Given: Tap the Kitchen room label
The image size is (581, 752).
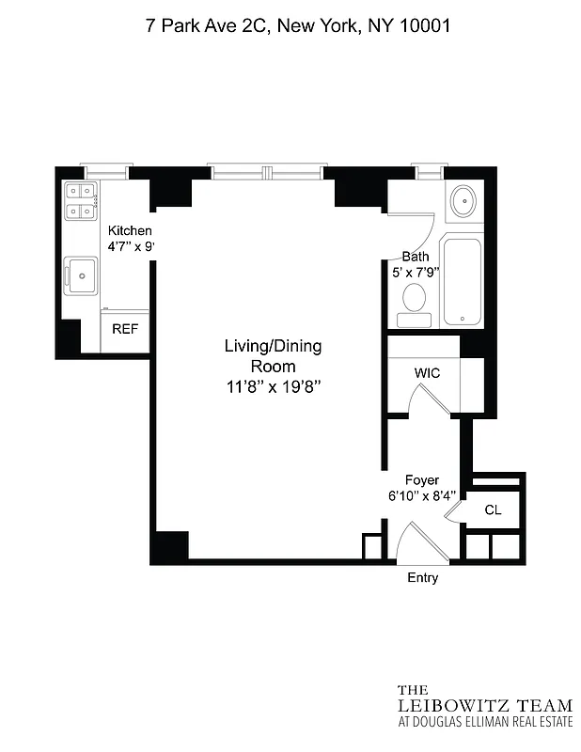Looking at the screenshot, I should coord(130,231).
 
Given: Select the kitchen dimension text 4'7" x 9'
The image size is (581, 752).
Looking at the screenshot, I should coord(130,247).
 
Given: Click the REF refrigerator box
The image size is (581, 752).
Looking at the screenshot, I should coord(125,329).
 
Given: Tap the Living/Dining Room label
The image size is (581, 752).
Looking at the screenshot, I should coord(272,356).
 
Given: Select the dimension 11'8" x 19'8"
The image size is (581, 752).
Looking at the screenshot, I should coord(272,386).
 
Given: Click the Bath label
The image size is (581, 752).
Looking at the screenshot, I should coord(415,257).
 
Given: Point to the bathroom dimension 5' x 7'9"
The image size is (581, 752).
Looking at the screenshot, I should coord(415,274).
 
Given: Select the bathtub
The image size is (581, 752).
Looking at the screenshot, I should coord(463,281).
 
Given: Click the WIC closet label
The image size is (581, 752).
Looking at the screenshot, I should coord(428,373).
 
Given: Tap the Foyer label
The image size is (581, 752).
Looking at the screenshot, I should coord(422,480).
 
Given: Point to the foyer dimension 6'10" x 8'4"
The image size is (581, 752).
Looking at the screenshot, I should coord(422,496).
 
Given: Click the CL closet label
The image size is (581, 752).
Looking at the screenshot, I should coord(493,510).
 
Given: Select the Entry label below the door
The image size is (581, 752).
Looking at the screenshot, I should coord(422,578).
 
